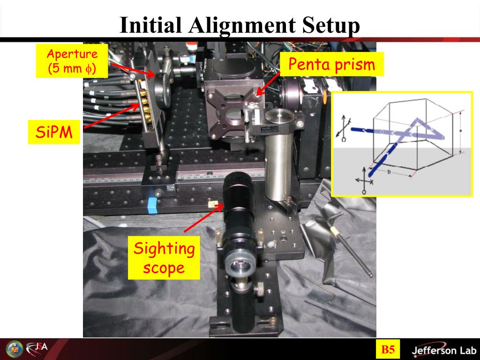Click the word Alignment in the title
(x=242, y=25)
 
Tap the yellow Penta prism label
(x=332, y=64)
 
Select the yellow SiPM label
(x=54, y=132)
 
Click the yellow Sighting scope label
(x=164, y=258)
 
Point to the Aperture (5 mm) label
(x=72, y=61)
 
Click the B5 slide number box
(x=388, y=349)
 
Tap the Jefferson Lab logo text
(x=444, y=350)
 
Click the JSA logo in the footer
(x=37, y=348)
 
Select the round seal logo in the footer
(x=15, y=349)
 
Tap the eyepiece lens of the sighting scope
(x=240, y=264)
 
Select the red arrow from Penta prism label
(x=268, y=84)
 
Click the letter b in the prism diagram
(x=389, y=172)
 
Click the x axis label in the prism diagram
(x=372, y=182)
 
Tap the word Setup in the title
(x=331, y=26)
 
